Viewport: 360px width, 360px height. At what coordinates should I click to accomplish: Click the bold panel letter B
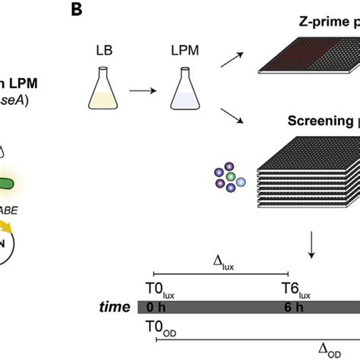pos(98,10)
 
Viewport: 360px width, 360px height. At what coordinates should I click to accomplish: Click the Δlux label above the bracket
pos(219,259)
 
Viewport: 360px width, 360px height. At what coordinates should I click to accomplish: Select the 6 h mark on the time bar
pos(287,308)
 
